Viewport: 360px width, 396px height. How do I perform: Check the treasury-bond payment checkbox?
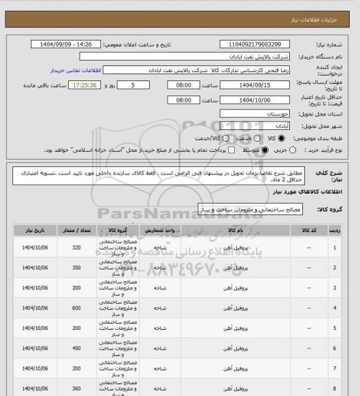pyautogui.click(x=231, y=150)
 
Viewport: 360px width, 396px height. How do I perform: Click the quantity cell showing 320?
pyautogui.click(x=76, y=247)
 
